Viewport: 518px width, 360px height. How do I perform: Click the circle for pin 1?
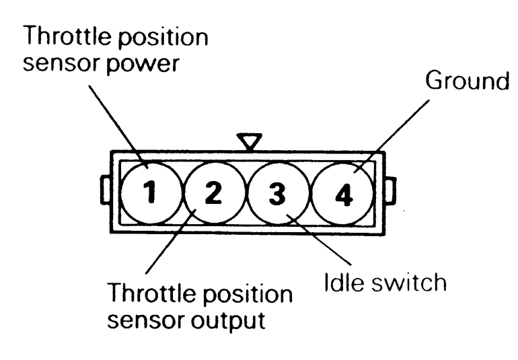(150, 193)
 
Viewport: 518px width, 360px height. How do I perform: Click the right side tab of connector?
(390, 190)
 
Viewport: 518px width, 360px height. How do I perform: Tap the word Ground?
(468, 82)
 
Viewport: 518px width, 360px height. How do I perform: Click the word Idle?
(342, 282)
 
